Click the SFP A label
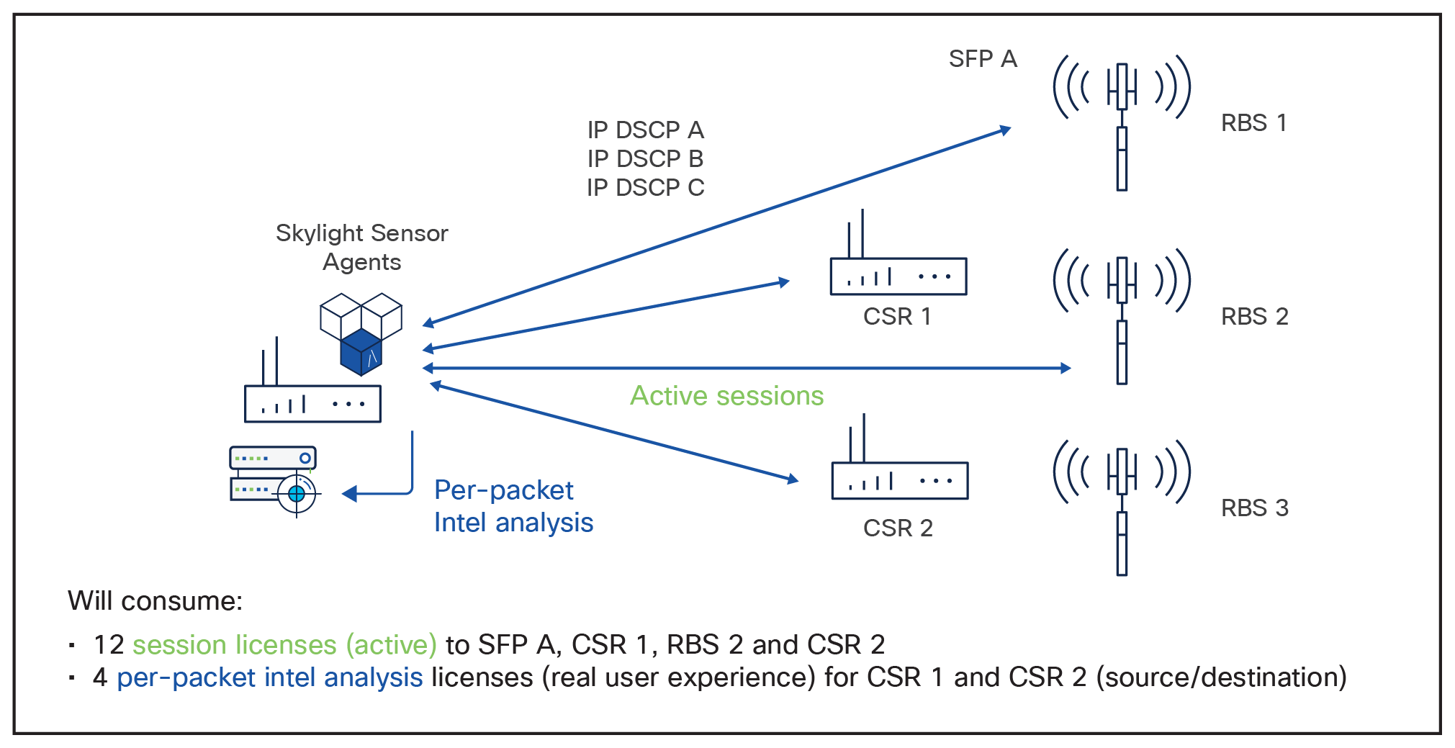coord(982,58)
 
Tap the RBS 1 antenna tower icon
coord(1121,122)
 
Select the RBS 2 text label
coord(1254,316)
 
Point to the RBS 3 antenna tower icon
coord(1121,507)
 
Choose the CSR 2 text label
coord(898,528)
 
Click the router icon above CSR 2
coord(899,472)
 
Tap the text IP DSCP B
coord(645,158)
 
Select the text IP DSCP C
coord(645,187)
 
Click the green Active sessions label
coord(726,396)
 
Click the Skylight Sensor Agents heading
coord(361,247)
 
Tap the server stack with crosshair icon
coord(274,479)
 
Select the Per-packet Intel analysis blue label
coord(513,506)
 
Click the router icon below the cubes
coord(312,396)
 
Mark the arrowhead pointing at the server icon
coord(349,494)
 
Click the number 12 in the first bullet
coord(109,644)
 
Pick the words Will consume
coord(154,600)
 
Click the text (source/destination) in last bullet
coord(1221,677)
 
